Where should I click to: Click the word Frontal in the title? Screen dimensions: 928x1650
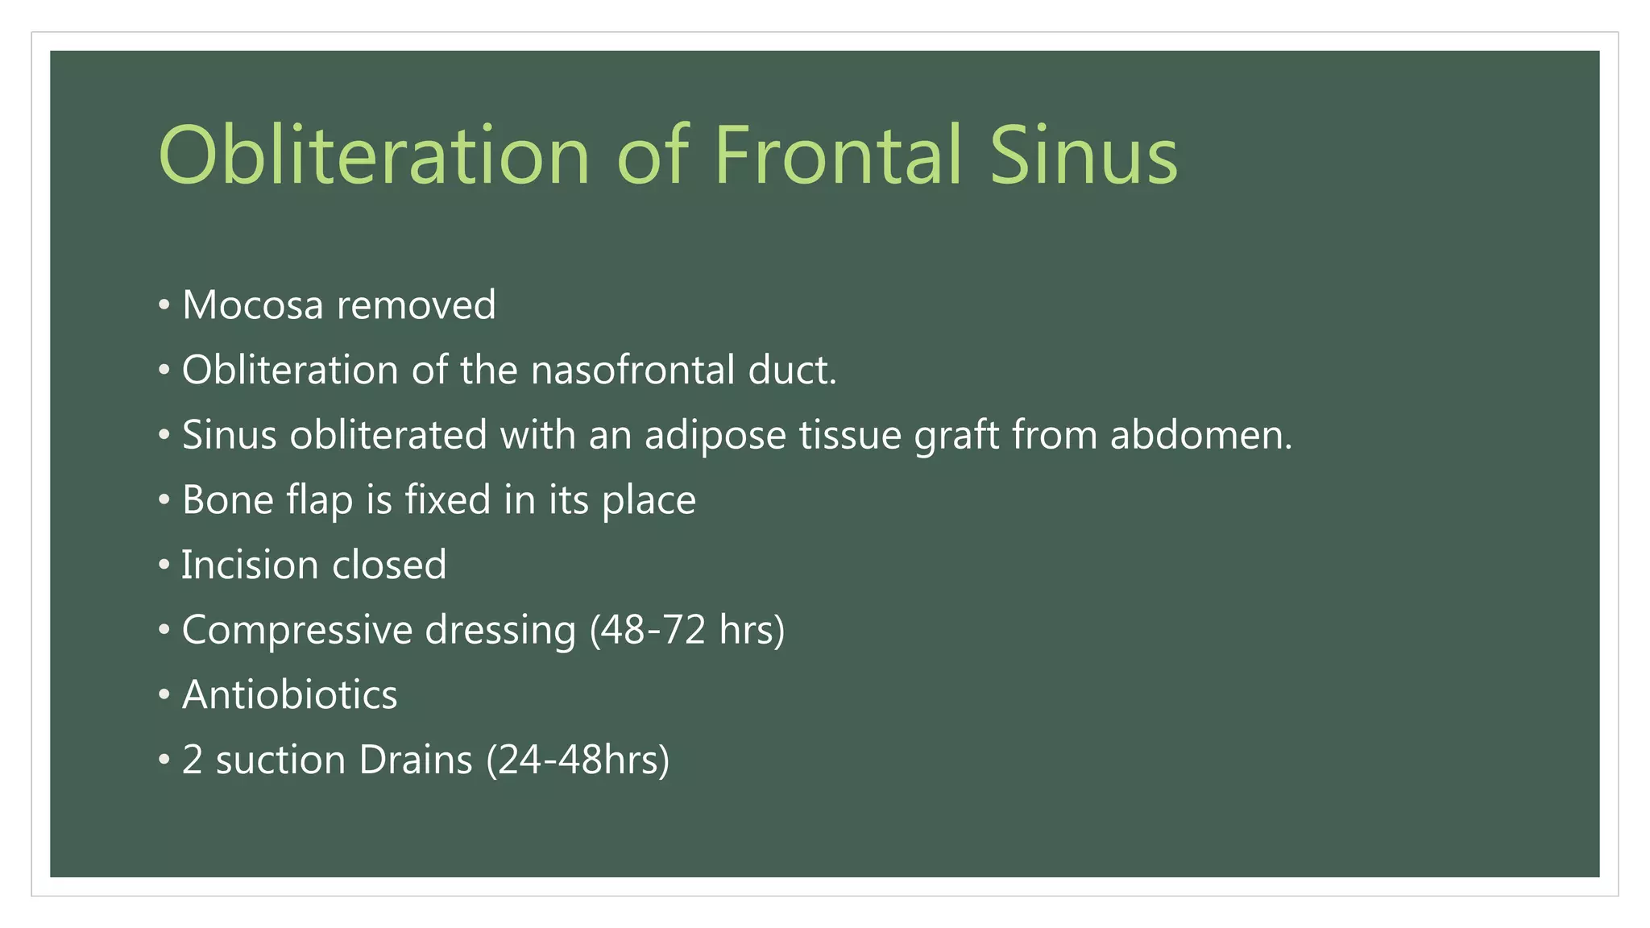838,155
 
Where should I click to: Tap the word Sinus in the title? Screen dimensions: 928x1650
1083,155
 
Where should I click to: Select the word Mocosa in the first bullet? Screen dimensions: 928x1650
252,305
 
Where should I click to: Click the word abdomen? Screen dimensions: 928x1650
1200,436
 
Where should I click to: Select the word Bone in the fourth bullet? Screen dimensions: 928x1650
228,500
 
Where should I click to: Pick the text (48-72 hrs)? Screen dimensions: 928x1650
686,631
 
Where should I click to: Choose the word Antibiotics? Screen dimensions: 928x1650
289,695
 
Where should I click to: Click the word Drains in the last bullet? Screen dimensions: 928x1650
416,760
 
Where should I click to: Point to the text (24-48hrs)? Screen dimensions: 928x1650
578,760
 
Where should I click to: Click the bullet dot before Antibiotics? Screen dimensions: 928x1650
164,694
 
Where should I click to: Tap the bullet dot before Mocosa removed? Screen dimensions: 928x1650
164,305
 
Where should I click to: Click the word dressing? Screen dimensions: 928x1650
500,631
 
